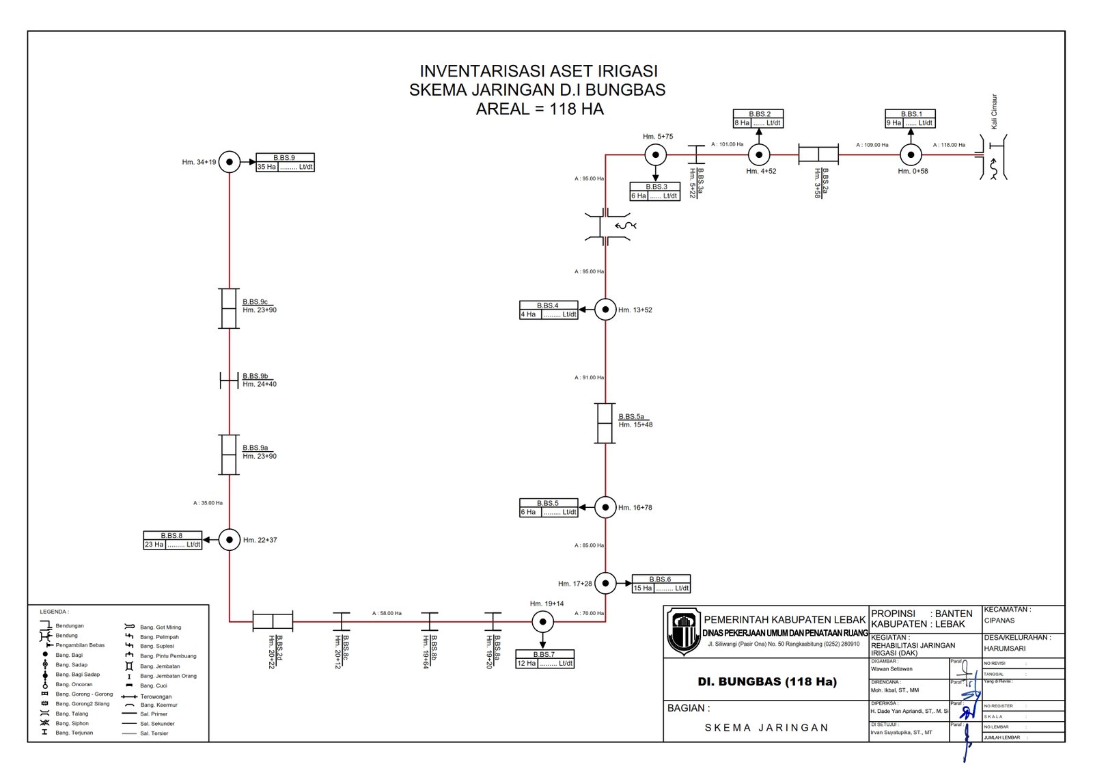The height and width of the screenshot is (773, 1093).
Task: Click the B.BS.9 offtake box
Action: tap(285, 163)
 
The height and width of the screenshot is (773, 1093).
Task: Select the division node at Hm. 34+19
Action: tap(230, 162)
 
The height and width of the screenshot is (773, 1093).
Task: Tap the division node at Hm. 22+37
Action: tap(230, 540)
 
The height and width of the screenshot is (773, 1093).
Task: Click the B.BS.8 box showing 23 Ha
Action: tap(173, 541)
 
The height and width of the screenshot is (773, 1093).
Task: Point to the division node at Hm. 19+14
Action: tap(542, 622)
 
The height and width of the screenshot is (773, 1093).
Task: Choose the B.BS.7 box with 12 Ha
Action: tap(544, 659)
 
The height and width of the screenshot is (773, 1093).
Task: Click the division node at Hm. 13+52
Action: tap(605, 310)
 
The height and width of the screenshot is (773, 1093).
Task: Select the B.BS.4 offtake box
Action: tap(549, 310)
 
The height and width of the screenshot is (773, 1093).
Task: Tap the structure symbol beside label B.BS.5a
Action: tap(605, 424)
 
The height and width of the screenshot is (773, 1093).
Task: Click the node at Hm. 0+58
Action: tap(911, 155)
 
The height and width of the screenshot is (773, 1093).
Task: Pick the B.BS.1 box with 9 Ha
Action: tap(910, 119)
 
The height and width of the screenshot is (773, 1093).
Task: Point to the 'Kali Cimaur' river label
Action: tap(994, 111)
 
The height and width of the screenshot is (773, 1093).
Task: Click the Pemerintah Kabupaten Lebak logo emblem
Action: tap(683, 630)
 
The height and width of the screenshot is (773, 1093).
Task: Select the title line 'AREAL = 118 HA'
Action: tap(540, 109)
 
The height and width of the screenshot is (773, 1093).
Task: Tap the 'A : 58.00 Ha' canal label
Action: tap(387, 613)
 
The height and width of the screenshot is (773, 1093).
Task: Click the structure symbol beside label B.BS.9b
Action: tap(229, 380)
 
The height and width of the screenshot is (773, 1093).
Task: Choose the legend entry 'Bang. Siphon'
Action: tap(72, 723)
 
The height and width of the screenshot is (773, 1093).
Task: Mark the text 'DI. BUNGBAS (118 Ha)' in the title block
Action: tap(767, 681)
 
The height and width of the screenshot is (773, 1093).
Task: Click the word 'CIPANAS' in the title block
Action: tap(999, 621)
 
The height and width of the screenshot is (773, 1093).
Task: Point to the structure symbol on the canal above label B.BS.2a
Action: tap(818, 155)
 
